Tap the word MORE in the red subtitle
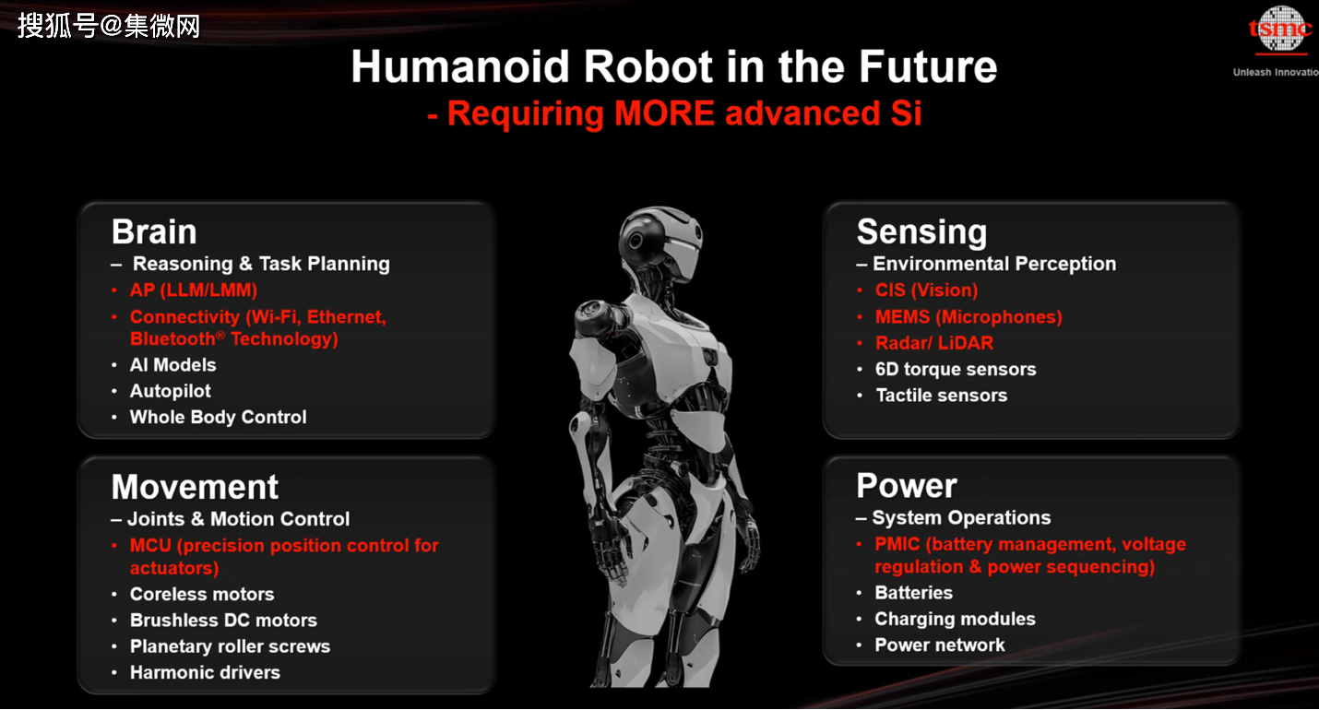pyautogui.click(x=664, y=112)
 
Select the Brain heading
pyautogui.click(x=154, y=231)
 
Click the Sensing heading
pyautogui.click(x=921, y=232)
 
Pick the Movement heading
pyautogui.click(x=195, y=487)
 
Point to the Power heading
pyautogui.click(x=906, y=486)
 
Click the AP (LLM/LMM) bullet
pyautogui.click(x=194, y=290)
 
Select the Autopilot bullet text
pyautogui.click(x=170, y=391)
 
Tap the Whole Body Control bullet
pyautogui.click(x=218, y=417)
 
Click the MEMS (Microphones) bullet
pyautogui.click(x=968, y=316)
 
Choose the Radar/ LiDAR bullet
pyautogui.click(x=933, y=343)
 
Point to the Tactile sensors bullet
pyautogui.click(x=941, y=395)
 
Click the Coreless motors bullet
pyautogui.click(x=202, y=594)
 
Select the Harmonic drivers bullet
pyautogui.click(x=205, y=672)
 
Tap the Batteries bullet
pyautogui.click(x=913, y=592)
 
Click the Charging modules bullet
pyautogui.click(x=955, y=619)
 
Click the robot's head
pyautogui.click(x=659, y=242)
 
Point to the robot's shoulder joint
pyautogui.click(x=596, y=318)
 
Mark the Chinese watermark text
pyautogui.click(x=109, y=26)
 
